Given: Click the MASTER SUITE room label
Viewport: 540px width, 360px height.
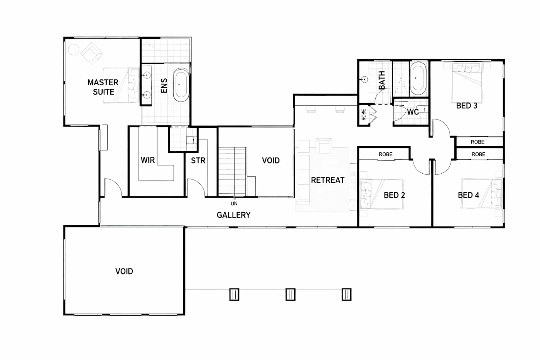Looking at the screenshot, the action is pyautogui.click(x=103, y=87).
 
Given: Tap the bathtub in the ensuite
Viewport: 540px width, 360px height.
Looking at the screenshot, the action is pyautogui.click(x=181, y=85).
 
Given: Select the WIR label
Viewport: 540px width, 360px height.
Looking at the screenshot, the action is pyautogui.click(x=147, y=160).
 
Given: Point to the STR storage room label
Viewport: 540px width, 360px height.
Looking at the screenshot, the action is pyautogui.click(x=198, y=161).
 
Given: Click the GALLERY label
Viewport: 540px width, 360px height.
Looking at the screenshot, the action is pyautogui.click(x=233, y=215).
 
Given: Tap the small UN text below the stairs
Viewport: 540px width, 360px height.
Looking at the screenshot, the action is pyautogui.click(x=234, y=203).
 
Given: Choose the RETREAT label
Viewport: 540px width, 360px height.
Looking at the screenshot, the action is pyautogui.click(x=327, y=180).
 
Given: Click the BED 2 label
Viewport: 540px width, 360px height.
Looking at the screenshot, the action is pyautogui.click(x=394, y=195).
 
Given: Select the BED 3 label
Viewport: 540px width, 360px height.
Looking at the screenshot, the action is pyautogui.click(x=467, y=106).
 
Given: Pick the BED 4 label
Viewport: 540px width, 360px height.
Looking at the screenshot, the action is pyautogui.click(x=468, y=195).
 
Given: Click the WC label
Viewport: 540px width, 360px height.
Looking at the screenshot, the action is pyautogui.click(x=413, y=112).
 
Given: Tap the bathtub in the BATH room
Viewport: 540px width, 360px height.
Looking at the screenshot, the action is pyautogui.click(x=418, y=79).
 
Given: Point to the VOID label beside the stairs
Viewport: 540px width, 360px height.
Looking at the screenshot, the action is pyautogui.click(x=271, y=161).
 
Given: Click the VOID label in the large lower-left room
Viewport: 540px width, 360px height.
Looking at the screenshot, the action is pyautogui.click(x=124, y=271).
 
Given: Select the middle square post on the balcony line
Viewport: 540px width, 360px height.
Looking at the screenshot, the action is pyautogui.click(x=290, y=294).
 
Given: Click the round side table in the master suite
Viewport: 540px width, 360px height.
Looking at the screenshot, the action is pyautogui.click(x=74, y=50).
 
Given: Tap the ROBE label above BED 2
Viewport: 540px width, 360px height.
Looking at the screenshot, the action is pyautogui.click(x=385, y=154).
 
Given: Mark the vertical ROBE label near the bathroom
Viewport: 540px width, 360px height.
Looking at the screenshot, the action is pyautogui.click(x=364, y=115).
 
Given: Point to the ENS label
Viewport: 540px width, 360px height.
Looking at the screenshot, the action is pyautogui.click(x=164, y=85).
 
